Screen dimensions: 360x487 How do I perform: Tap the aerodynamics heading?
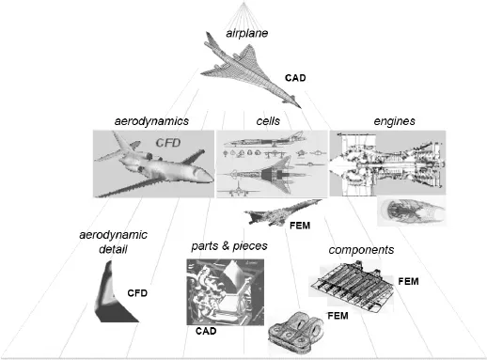(x=151, y=121)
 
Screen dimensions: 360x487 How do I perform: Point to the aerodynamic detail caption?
(x=105, y=243)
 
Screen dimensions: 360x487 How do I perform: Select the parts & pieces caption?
(x=229, y=246)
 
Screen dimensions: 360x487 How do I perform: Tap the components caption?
(x=361, y=251)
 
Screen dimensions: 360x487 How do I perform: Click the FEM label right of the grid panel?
(x=409, y=280)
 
